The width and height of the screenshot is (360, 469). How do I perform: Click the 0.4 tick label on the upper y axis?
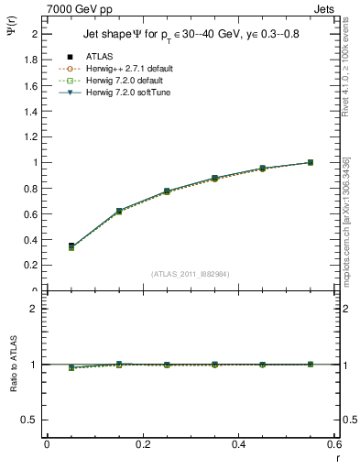tap(29, 239)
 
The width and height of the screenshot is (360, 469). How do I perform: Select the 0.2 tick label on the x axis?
tap(142, 444)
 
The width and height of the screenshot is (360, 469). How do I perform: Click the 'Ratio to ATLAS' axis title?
tap(15, 364)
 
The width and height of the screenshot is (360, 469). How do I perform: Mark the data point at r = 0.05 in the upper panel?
tap(71, 246)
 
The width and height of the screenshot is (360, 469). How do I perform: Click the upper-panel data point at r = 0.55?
tap(311, 162)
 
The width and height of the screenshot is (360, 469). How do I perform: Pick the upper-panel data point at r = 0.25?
tap(167, 191)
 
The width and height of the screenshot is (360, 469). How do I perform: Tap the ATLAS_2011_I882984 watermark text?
tap(191, 273)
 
